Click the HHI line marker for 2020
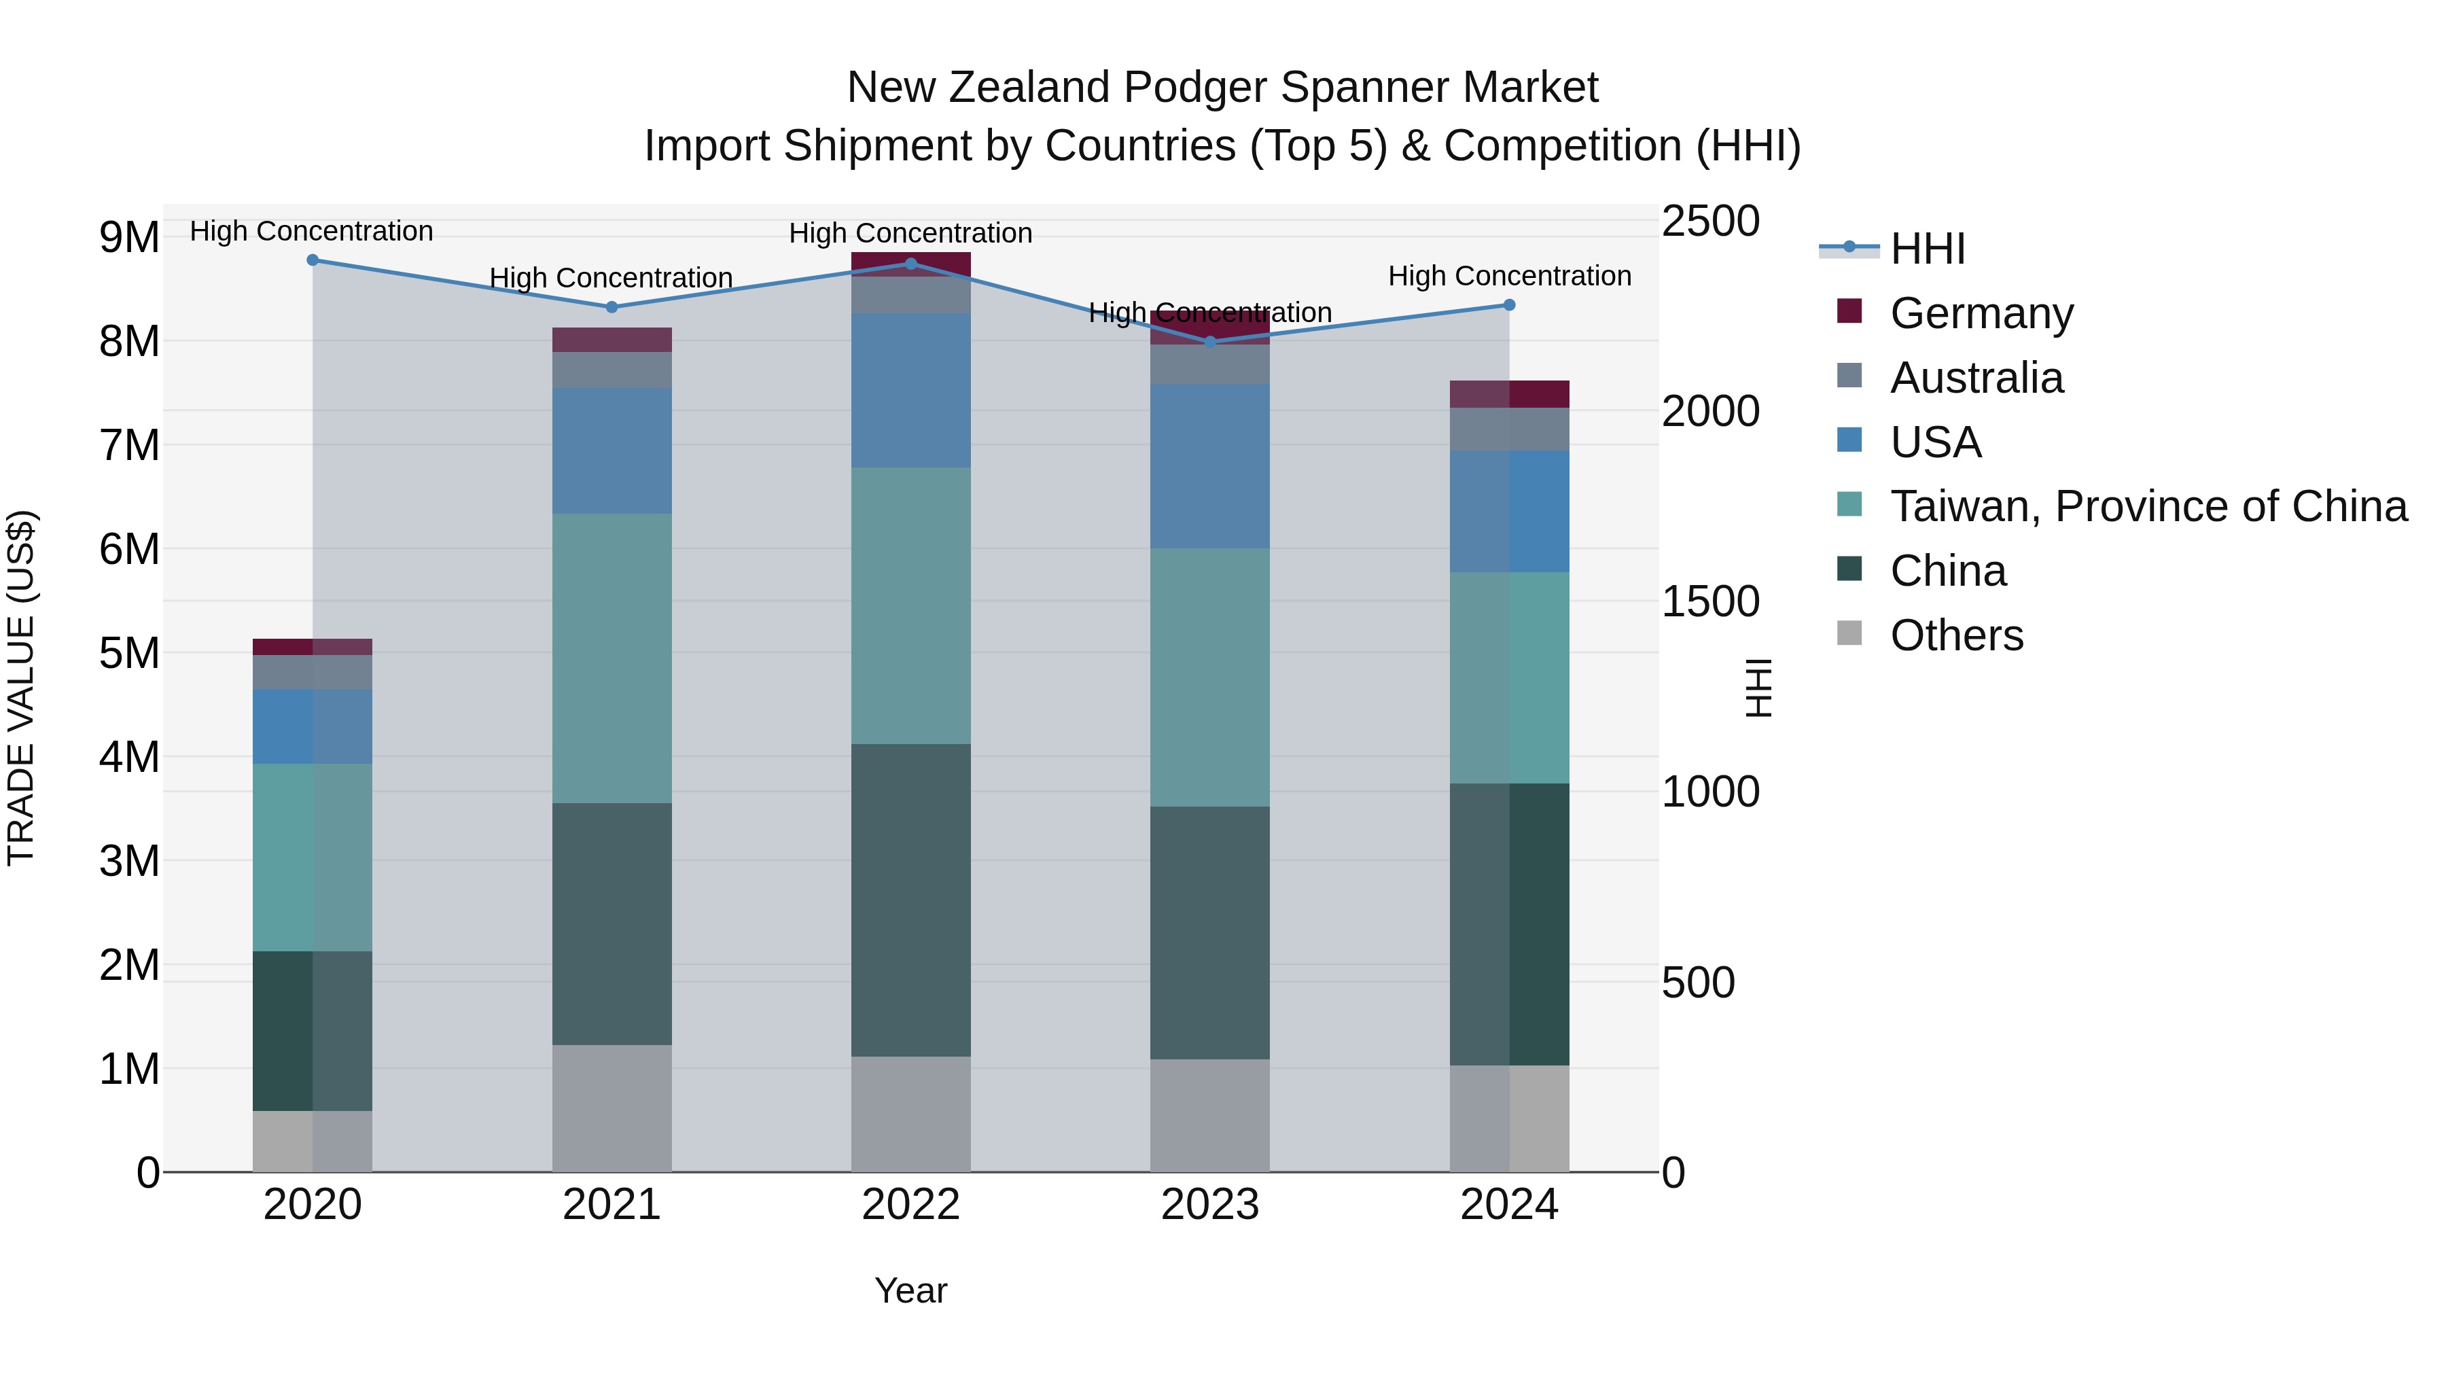click(x=313, y=260)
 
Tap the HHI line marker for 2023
click(x=1209, y=342)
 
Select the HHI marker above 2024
click(x=1509, y=305)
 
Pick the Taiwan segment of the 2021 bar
click(x=611, y=658)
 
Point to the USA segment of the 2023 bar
click(x=1209, y=465)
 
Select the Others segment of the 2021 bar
click(x=611, y=1108)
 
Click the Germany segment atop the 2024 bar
click(x=1509, y=394)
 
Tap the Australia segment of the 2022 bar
click(x=910, y=296)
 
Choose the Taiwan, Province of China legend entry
click(x=2148, y=506)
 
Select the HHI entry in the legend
click(x=1927, y=249)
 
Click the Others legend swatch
click(x=1849, y=633)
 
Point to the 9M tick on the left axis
click(x=130, y=237)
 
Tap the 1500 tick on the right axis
click(x=1710, y=601)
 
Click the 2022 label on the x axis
click(x=910, y=1205)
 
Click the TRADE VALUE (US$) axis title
click(x=21, y=688)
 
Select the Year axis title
click(x=910, y=1290)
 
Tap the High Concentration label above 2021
click(x=611, y=278)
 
